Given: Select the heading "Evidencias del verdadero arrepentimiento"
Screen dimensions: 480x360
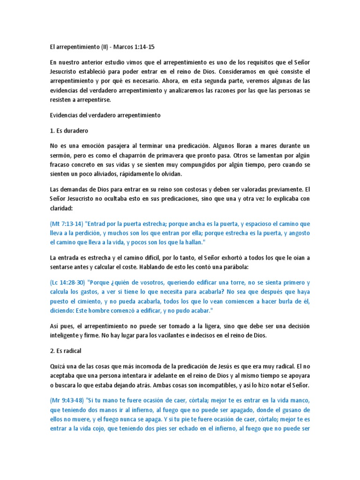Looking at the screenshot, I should [x=105, y=115].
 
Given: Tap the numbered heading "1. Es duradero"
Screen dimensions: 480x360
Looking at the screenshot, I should [x=69, y=130].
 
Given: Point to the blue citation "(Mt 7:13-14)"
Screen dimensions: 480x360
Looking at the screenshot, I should [x=67, y=224].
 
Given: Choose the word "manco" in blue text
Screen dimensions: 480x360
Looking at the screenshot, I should [x=300, y=401].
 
